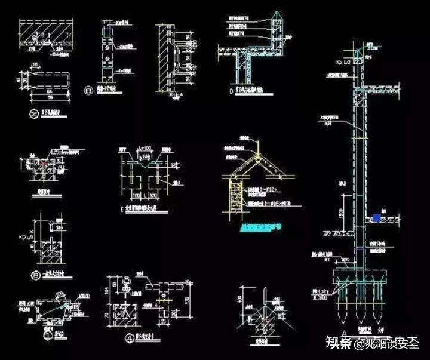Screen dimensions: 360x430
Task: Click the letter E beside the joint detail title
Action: (121, 209)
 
